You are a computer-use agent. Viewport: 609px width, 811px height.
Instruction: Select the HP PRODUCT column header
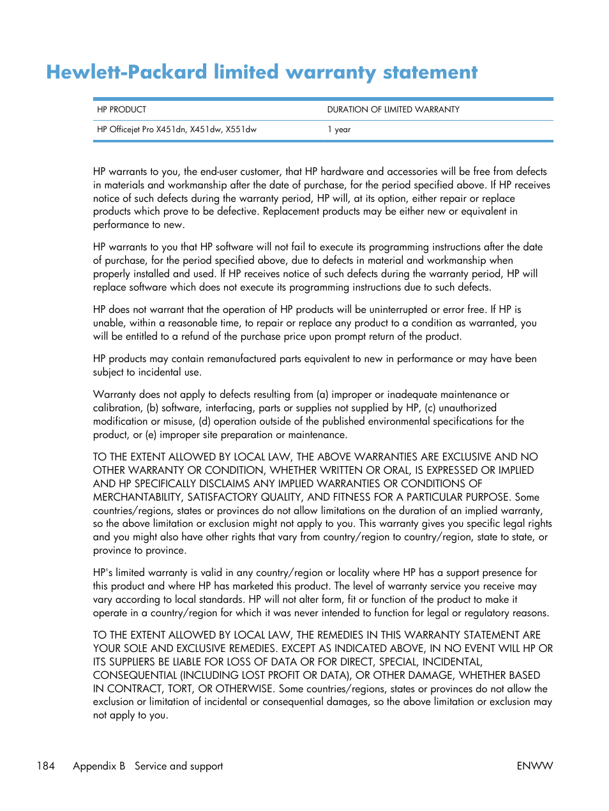coord(122,110)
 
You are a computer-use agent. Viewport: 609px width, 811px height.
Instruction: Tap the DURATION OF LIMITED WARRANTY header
coord(393,110)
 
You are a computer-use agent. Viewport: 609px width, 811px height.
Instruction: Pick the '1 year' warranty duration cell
coord(339,130)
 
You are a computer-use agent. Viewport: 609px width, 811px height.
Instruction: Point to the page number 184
coord(46,766)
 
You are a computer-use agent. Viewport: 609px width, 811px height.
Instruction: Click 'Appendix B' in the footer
coord(99,766)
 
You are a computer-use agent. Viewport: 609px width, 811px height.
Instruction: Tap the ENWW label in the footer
coord(535,766)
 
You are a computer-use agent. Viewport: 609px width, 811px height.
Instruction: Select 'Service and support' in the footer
coord(179,766)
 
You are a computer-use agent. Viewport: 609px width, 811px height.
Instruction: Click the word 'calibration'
coord(117,408)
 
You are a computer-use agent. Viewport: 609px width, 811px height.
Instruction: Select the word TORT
coord(180,688)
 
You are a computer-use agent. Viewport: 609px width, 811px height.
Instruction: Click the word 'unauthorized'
coord(467,408)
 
